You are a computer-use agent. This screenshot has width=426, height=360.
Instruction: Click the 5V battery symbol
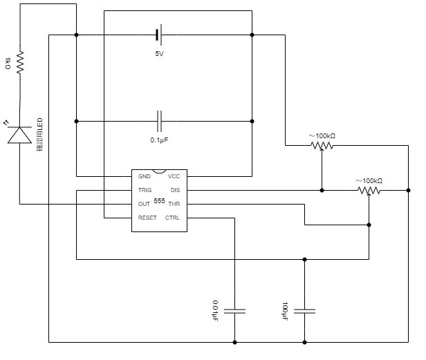click(x=159, y=35)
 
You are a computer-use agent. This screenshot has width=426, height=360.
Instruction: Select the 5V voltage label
click(x=160, y=54)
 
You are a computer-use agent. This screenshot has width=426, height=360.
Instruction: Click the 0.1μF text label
click(x=160, y=140)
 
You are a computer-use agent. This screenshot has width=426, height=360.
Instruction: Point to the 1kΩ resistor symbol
click(x=20, y=62)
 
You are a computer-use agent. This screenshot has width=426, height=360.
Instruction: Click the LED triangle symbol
click(x=20, y=134)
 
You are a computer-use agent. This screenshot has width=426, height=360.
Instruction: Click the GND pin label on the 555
click(x=144, y=176)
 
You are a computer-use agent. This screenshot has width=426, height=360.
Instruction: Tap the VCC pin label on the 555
click(x=174, y=176)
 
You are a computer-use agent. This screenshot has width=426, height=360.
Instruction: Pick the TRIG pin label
click(x=145, y=190)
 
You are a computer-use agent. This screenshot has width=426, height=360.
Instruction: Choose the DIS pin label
click(x=175, y=190)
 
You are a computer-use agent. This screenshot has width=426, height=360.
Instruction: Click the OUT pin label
click(x=144, y=204)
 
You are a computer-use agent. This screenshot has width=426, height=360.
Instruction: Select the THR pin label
click(x=174, y=204)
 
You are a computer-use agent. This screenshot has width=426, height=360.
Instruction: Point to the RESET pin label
click(x=147, y=218)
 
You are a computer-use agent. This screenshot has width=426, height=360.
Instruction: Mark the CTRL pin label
click(x=172, y=218)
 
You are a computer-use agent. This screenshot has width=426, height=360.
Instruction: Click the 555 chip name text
click(x=159, y=201)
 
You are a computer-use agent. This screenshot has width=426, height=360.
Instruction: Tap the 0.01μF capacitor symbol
click(x=235, y=311)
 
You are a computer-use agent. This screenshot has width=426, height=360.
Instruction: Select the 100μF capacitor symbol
click(x=304, y=311)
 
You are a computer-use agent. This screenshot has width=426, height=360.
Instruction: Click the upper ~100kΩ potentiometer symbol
click(x=322, y=146)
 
